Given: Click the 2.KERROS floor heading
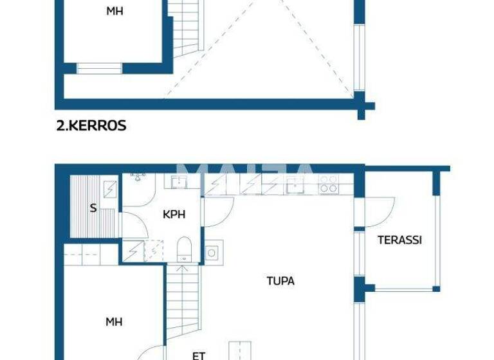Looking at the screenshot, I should [91, 126].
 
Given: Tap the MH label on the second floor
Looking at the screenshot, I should [114, 11].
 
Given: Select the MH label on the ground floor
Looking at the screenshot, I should [114, 321].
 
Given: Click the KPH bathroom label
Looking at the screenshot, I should [174, 215].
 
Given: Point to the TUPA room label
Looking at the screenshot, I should [280, 281].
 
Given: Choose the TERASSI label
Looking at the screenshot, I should [399, 240].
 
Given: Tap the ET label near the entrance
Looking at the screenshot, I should [199, 354].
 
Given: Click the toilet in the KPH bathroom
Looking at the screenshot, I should [185, 248].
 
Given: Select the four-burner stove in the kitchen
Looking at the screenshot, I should [329, 184].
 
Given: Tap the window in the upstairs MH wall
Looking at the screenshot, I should [99, 67].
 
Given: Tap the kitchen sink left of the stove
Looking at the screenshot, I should [296, 184].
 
